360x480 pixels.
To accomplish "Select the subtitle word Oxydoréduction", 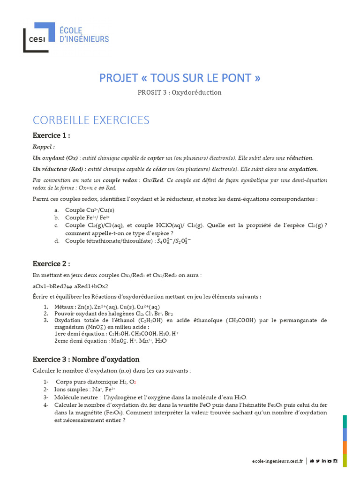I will (x=196, y=92).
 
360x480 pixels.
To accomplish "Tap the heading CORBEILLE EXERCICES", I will (x=91, y=120).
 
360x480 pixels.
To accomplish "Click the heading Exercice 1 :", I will (x=51, y=135).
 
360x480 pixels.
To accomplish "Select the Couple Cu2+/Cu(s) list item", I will (x=90, y=210).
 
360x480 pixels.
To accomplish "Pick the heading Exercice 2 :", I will (x=51, y=263).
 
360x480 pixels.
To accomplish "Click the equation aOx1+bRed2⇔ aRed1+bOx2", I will (x=70, y=286).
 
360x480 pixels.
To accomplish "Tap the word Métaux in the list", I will (x=65, y=307).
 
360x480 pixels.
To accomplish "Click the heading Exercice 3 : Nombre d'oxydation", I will (x=86, y=360).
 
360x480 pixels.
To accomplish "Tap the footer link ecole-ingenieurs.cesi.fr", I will (x=277, y=461).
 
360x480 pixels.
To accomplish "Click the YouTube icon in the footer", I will (x=330, y=461).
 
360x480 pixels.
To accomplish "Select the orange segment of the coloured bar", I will (x=345, y=448).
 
